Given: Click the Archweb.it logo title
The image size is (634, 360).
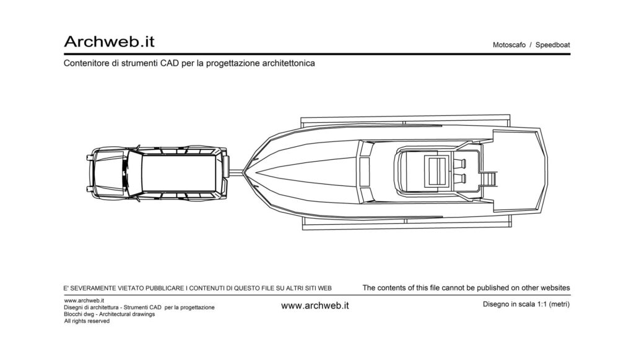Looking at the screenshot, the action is coord(109,42).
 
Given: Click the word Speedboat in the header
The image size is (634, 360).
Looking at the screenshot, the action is coord(552,45).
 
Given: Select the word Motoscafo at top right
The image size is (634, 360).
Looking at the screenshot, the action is coord(509,45).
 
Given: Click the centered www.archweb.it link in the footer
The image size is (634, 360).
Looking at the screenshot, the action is coord(315,306).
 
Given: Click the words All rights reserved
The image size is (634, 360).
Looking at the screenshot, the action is coord(87,321).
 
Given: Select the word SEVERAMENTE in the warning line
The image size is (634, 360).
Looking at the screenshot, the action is coord(93,288).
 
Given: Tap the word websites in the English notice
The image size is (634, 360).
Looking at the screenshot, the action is coord(555,288).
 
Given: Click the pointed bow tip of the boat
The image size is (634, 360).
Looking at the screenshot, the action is coord(243,172).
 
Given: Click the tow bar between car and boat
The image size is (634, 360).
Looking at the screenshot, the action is coord(236,172).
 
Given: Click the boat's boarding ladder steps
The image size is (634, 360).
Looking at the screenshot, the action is coord(490,178).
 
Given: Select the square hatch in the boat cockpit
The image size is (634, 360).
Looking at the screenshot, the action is coord(436,171).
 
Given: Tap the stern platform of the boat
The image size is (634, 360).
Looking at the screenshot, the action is coord(520,170).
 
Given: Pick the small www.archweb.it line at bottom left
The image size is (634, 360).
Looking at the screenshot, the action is coord(84,301).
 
